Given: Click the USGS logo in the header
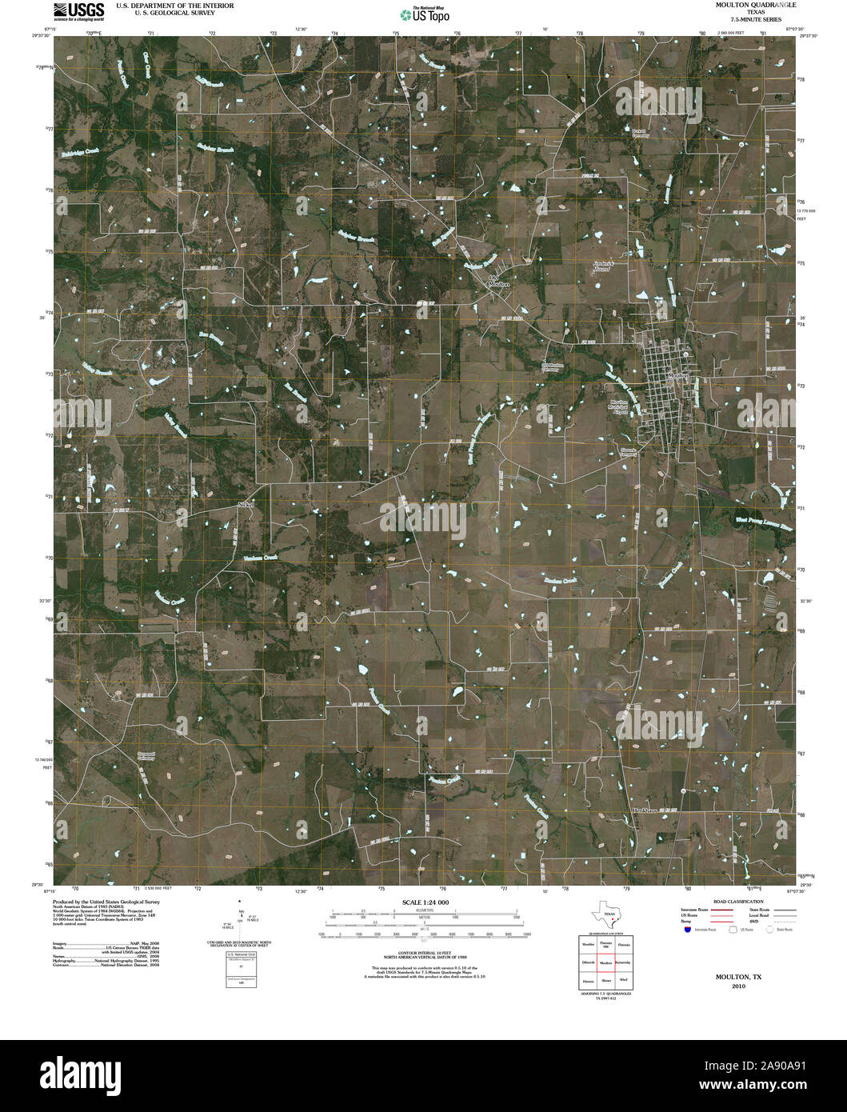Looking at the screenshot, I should (78, 10).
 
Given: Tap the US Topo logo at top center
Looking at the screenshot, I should (425, 14).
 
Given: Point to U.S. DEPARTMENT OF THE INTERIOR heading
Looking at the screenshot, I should (174, 5).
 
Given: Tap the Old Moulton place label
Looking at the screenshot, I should (498, 282).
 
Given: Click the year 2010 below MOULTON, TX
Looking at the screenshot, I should (738, 987).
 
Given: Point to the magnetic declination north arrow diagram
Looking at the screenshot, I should (240, 924).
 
